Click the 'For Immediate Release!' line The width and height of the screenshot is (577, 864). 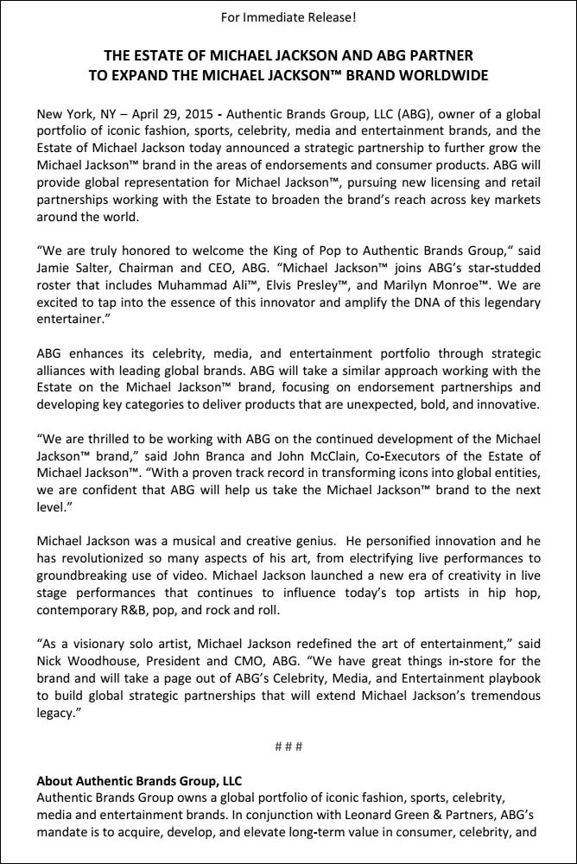(x=288, y=16)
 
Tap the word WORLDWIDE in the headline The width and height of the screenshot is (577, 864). (x=437, y=75)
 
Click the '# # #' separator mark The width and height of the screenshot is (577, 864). (x=288, y=745)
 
